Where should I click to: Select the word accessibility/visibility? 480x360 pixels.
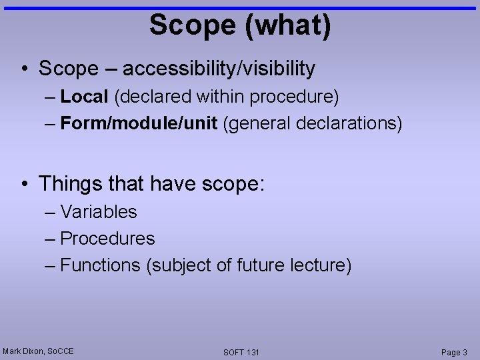coord(219,68)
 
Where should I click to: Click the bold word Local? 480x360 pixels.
coord(84,97)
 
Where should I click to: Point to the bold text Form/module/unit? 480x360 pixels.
coord(139,123)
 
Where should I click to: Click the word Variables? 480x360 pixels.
coord(99,212)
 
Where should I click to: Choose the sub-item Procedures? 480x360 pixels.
coord(107,239)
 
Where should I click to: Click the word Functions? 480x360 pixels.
coord(100,265)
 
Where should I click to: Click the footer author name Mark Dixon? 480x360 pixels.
coord(23,351)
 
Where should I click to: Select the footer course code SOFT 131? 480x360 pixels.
coord(241,352)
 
